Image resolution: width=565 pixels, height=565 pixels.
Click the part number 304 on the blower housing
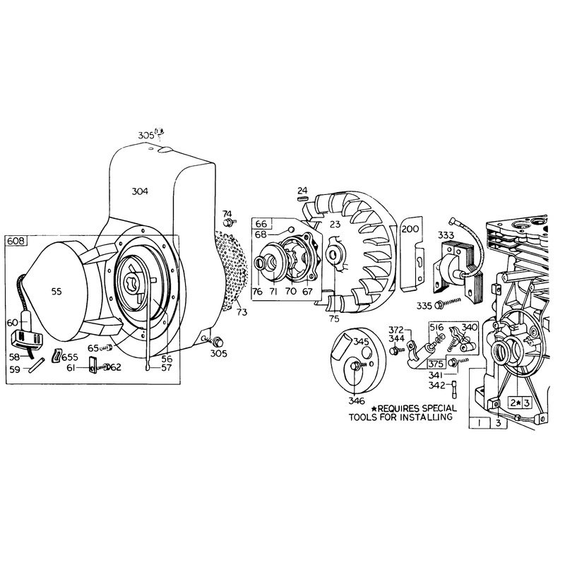(140, 191)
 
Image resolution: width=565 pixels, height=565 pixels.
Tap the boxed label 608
(16, 241)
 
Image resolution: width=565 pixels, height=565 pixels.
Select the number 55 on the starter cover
(56, 292)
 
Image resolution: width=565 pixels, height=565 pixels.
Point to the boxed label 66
(261, 223)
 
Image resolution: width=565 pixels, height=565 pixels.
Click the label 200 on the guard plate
(410, 229)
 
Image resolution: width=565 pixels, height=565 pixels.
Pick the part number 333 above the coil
(446, 235)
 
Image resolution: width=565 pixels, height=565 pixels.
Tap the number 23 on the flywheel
(335, 224)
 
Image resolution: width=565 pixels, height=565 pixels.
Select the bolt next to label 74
(229, 223)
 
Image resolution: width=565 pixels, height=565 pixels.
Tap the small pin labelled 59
(37, 365)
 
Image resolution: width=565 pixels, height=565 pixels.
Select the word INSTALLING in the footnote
(428, 417)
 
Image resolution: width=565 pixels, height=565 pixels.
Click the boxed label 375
(436, 364)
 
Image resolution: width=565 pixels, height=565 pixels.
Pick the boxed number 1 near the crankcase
(480, 423)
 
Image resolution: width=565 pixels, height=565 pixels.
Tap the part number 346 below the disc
(357, 400)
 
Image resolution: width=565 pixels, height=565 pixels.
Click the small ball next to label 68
(291, 230)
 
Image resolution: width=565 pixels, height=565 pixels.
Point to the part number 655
(69, 357)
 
